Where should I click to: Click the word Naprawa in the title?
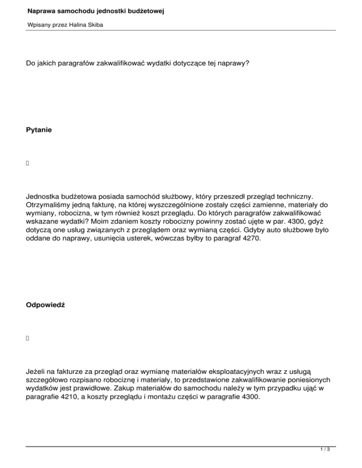click(43, 10)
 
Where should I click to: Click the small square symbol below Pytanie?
click(28, 163)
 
